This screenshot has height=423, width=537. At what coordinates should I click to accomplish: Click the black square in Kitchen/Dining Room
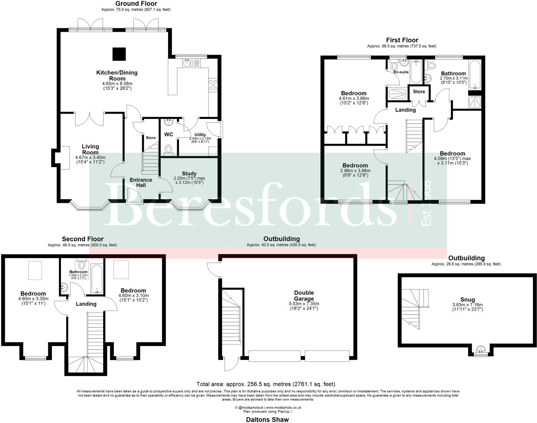pyautogui.click(x=119, y=54)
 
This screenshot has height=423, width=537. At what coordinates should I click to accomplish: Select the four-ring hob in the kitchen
pyautogui.click(x=213, y=85)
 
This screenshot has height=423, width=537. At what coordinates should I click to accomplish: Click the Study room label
pyautogui.click(x=189, y=174)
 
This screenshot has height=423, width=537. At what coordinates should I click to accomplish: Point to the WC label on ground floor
pyautogui.click(x=169, y=135)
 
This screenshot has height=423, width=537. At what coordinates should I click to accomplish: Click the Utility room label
pyautogui.click(x=200, y=135)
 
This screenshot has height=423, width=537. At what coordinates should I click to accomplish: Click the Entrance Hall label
pyautogui.click(x=141, y=183)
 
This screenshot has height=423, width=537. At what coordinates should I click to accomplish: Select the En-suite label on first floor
pyautogui.click(x=401, y=72)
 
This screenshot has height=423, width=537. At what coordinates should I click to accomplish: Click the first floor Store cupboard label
pyautogui.click(x=419, y=92)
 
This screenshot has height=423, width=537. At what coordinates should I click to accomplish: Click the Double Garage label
pyautogui.click(x=304, y=296)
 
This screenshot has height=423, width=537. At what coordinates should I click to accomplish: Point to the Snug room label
pyautogui.click(x=468, y=299)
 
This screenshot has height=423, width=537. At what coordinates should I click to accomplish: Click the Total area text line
pyautogui.click(x=266, y=384)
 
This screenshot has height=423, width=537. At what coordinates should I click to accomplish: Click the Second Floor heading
pyautogui.click(x=83, y=239)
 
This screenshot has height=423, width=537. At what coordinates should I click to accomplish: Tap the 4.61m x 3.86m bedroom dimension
pyautogui.click(x=354, y=99)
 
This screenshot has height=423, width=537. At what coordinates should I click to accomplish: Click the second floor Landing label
pyautogui.click(x=86, y=304)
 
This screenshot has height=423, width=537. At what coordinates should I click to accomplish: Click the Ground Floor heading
pyautogui.click(x=136, y=4)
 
